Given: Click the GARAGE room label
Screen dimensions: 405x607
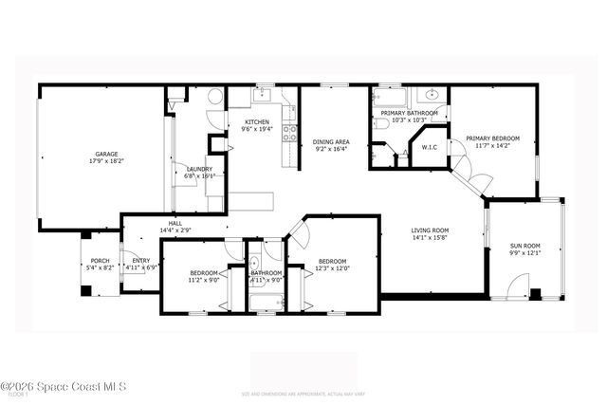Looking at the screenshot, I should pos(105,154).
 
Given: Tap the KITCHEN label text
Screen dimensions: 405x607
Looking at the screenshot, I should pos(258,121).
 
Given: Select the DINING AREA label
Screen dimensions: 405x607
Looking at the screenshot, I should pos(331,141).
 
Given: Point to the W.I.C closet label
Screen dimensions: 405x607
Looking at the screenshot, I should pos(429,147).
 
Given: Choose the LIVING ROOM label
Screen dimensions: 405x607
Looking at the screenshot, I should pos(430,230).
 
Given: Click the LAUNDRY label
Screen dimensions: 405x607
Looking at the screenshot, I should pos(199,168).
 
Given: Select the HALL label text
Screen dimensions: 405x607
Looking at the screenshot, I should pos(176,224).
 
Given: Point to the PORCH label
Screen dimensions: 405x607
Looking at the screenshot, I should pos(100,261).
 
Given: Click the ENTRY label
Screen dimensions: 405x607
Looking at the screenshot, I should pos(140,261).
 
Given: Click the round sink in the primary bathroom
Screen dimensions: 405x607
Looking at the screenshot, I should pos(432,95).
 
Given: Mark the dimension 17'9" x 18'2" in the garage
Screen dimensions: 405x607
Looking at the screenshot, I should pos(105,161).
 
